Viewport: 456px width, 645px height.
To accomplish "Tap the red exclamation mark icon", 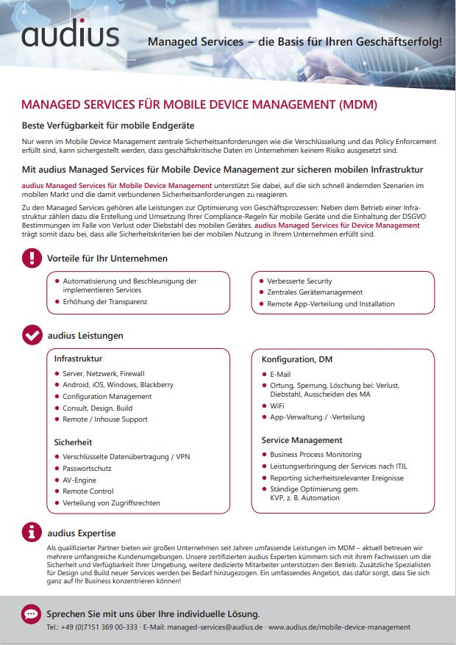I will coord(32,258).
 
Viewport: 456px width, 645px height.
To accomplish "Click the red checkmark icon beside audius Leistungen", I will coord(32,335).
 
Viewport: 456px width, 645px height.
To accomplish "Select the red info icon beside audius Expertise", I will coord(32,533).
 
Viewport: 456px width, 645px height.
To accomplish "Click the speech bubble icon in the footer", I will coord(32,613).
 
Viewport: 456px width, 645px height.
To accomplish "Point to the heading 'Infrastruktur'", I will coord(78,359).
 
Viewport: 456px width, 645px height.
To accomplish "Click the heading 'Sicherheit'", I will coord(73,442).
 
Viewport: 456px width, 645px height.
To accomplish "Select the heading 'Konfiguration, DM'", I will coord(297,359).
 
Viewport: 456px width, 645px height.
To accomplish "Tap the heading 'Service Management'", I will coord(302,440).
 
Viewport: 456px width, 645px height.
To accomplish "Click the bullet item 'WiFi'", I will coord(277,406).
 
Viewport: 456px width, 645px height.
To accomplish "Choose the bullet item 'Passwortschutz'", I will coord(87,468).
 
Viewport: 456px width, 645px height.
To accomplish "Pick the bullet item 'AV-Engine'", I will coord(79,480).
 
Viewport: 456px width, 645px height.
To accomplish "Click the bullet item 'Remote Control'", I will coord(88,491).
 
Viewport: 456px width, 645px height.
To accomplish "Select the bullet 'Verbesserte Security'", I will coord(299,281).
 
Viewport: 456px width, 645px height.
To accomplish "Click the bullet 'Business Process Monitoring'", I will coord(316,455).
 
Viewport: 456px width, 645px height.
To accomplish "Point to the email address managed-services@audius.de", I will coord(215,627).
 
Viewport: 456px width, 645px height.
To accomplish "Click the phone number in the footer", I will coord(101,627).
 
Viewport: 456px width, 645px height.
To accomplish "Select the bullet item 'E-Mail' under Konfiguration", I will coord(280,374).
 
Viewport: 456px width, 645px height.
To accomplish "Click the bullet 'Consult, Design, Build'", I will coord(98,408).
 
